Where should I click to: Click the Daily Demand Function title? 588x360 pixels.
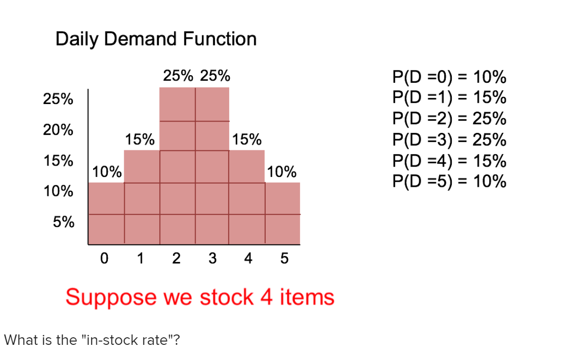[156, 39]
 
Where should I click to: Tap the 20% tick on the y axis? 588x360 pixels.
[58, 130]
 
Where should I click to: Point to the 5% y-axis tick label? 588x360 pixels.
[63, 222]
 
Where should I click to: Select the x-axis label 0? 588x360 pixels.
[104, 259]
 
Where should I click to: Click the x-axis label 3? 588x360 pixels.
[212, 259]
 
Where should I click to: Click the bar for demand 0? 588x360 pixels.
[106, 213]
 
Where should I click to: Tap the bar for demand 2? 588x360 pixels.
[177, 166]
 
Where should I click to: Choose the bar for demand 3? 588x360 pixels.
[212, 166]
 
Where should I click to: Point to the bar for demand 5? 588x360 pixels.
[283, 213]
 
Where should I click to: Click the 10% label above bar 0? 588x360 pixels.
[107, 172]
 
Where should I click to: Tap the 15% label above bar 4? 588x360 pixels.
[247, 140]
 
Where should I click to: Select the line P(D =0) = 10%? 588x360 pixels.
[449, 77]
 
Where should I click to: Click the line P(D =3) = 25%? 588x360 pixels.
[449, 140]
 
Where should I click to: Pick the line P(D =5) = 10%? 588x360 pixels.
[449, 182]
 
